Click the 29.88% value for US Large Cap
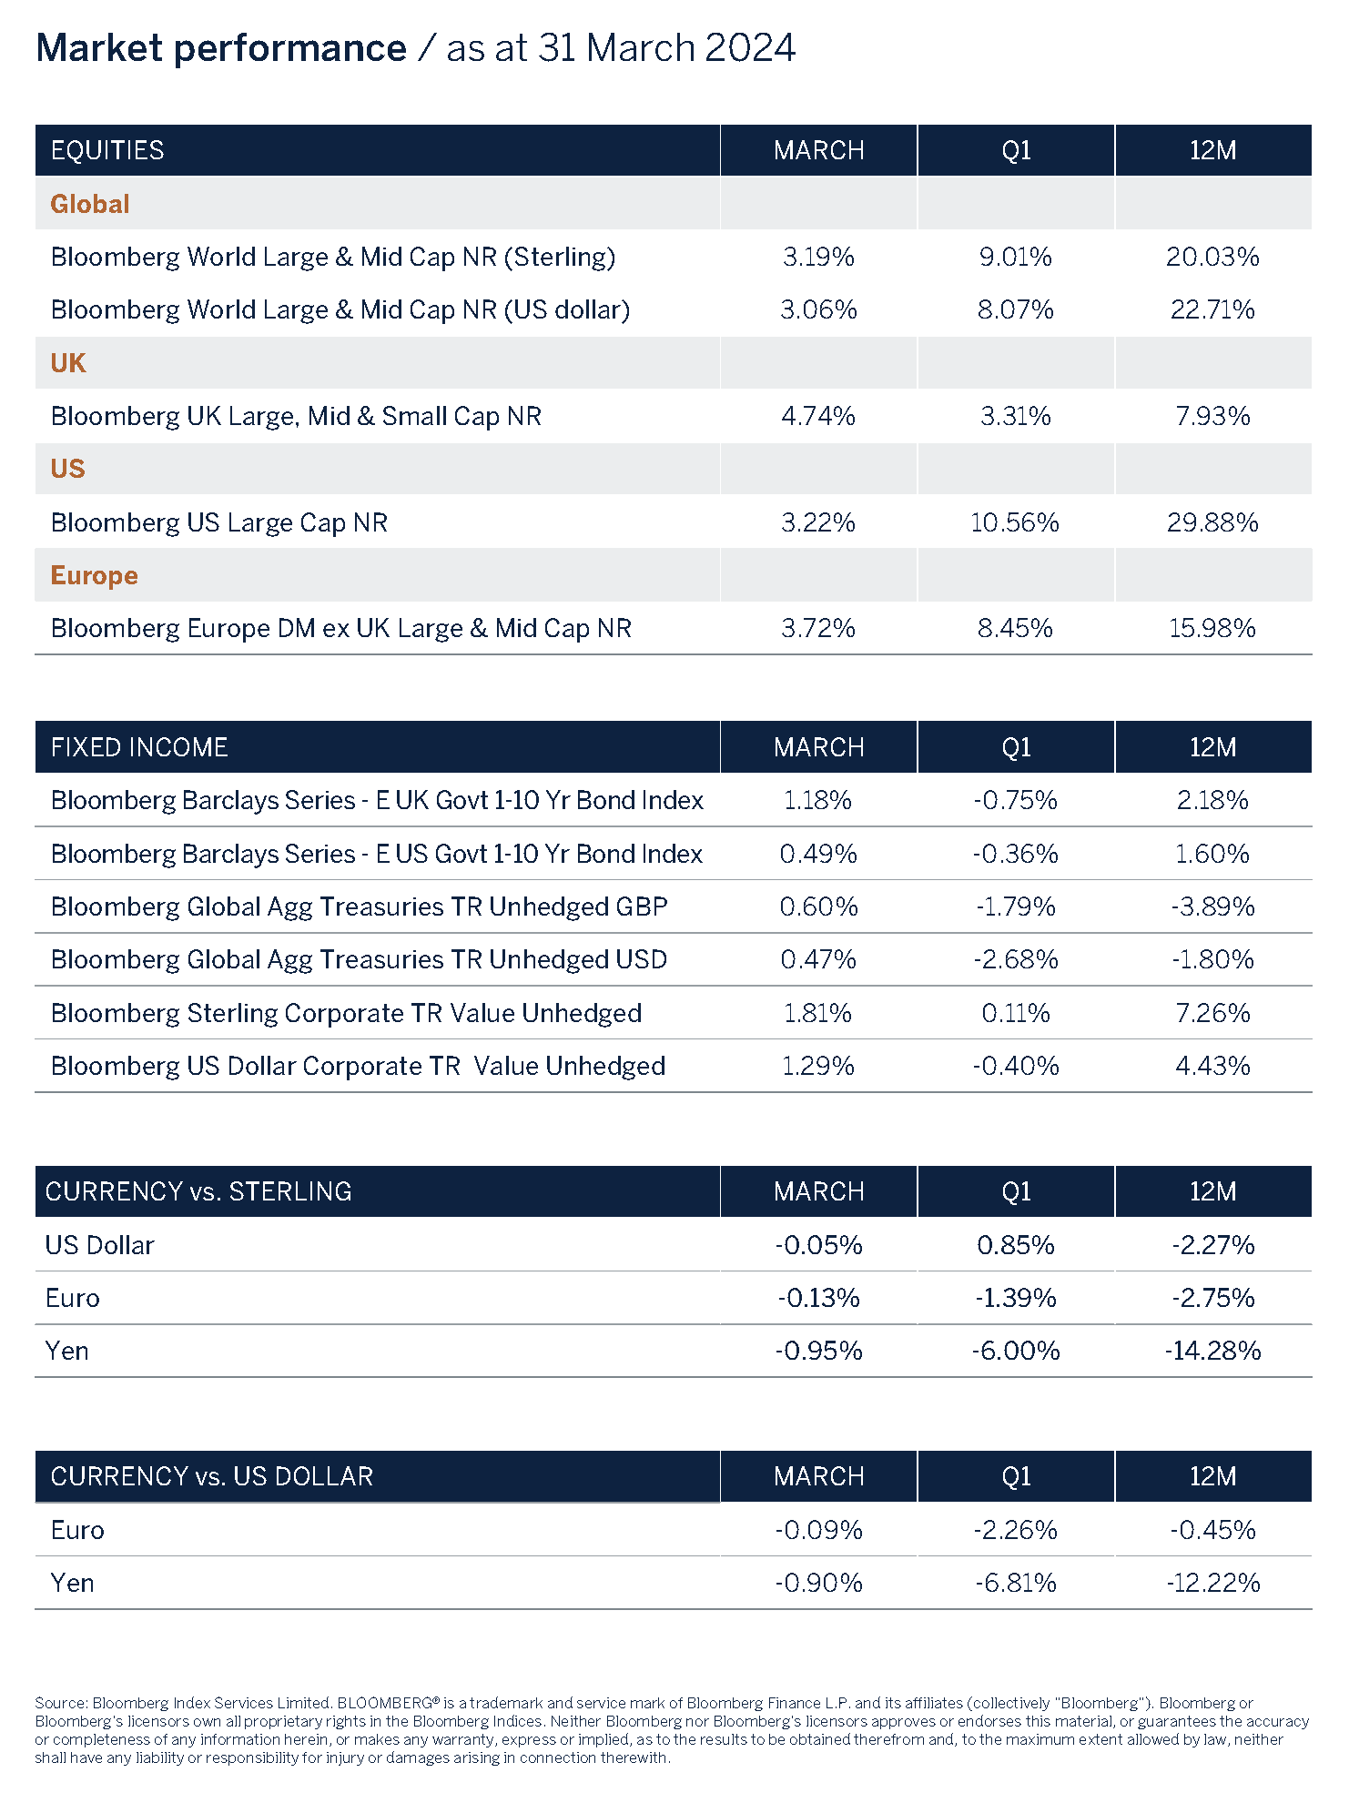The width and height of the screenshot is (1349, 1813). [1212, 522]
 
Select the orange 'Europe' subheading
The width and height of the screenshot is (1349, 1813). [94, 575]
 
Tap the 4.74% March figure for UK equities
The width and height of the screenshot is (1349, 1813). [817, 416]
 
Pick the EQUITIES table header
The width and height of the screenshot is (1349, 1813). [107, 150]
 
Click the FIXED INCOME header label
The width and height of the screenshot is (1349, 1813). [139, 747]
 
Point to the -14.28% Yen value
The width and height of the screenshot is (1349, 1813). [1212, 1351]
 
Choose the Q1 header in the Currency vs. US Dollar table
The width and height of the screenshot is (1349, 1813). [1016, 1476]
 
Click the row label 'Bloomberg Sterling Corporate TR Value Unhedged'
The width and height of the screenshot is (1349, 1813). [346, 1013]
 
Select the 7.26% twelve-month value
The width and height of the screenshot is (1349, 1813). [1212, 1013]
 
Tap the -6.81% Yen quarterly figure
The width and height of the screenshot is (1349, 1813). [1016, 1583]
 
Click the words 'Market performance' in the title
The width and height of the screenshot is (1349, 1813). [221, 48]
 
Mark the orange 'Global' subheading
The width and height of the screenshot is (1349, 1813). [89, 204]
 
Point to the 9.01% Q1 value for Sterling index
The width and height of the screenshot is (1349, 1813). [1016, 257]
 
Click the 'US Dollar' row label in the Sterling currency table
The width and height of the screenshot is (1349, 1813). [99, 1245]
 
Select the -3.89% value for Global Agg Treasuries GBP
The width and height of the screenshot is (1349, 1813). [1212, 906]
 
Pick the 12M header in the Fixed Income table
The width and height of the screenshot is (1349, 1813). [1212, 747]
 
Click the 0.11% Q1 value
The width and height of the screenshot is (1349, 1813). [1016, 1013]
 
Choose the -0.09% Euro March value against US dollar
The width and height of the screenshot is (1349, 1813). [817, 1530]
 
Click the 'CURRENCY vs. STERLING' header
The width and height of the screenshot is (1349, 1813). [198, 1191]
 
